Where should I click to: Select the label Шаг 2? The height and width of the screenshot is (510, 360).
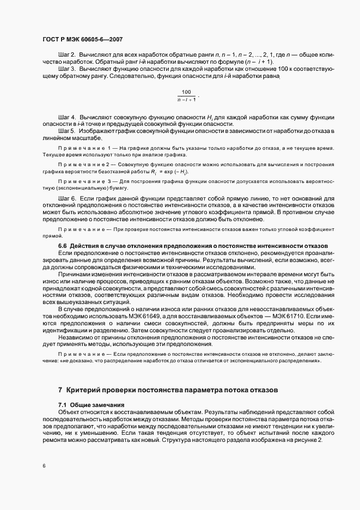pyautogui.click(x=66, y=56)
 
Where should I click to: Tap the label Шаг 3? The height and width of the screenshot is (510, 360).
pyautogui.click(x=66, y=70)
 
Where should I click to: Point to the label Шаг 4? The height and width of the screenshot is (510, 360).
pyautogui.click(x=66, y=117)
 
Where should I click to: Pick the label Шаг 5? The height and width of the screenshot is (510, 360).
pyautogui.click(x=66, y=131)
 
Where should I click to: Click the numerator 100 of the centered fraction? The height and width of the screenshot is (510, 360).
pyautogui.click(x=186, y=92)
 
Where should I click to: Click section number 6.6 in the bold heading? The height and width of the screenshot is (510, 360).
pyautogui.click(x=63, y=247)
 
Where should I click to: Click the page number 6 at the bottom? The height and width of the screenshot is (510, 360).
pyautogui.click(x=44, y=466)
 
